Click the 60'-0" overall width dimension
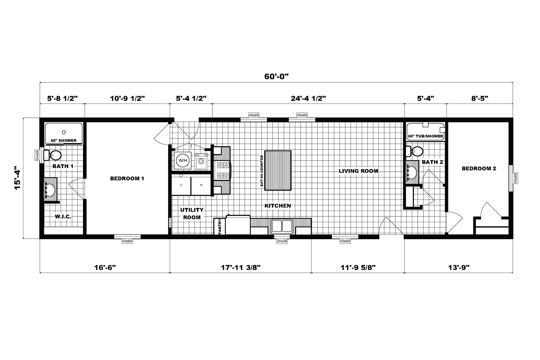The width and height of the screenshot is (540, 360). pyautogui.click(x=276, y=77)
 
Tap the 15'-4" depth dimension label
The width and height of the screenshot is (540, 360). pyautogui.click(x=18, y=178)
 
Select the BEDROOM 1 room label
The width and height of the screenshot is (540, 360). pyautogui.click(x=127, y=178)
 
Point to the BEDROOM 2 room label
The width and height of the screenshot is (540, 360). pyautogui.click(x=479, y=169)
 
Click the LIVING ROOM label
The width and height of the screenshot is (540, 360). pyautogui.click(x=358, y=171)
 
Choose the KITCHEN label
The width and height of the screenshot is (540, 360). pyautogui.click(x=278, y=206)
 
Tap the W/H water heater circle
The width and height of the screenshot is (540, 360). pyautogui.click(x=182, y=160)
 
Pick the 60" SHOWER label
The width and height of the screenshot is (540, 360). pyautogui.click(x=64, y=141)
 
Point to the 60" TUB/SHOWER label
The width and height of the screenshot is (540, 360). pyautogui.click(x=425, y=136)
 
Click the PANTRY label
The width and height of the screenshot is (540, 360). pyautogui.click(x=220, y=227)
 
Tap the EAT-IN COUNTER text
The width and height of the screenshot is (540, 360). pyautogui.click(x=262, y=171)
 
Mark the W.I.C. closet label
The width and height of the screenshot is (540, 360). pyautogui.click(x=63, y=217)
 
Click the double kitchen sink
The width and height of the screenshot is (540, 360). pyautogui.click(x=282, y=226)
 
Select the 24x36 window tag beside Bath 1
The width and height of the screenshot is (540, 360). pyautogui.click(x=37, y=155)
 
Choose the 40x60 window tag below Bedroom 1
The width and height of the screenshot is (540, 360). pyautogui.click(x=127, y=241)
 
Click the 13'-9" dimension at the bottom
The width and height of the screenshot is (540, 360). pyautogui.click(x=459, y=267)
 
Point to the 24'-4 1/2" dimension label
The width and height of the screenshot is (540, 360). pyautogui.click(x=308, y=98)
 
